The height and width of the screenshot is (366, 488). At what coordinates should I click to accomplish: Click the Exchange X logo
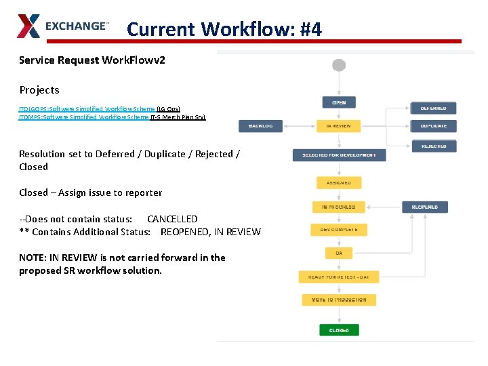coord(28,26)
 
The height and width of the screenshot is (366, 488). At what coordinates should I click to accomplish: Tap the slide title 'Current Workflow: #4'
coord(224,29)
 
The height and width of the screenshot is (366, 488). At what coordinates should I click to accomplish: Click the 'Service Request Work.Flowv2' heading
coord(92,60)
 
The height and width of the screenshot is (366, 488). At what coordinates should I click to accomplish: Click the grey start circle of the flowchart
coord(339,65)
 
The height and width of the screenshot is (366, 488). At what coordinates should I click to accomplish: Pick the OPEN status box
coord(339,102)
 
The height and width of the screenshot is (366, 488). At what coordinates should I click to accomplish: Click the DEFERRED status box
coord(434,108)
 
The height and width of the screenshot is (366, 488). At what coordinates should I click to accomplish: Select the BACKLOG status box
coord(260,126)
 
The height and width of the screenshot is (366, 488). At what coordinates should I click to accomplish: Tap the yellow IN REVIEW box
coord(339,126)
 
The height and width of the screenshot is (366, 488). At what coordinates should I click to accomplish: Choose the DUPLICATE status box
coord(434,126)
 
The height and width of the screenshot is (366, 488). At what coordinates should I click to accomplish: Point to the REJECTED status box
coord(434,146)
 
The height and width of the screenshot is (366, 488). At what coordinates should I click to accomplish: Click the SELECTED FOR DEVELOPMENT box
coord(339,155)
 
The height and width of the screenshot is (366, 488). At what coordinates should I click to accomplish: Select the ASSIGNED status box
coord(339,182)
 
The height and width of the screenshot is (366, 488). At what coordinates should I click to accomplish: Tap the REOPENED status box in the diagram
coord(425,207)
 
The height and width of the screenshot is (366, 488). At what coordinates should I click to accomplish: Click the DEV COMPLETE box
coord(339,230)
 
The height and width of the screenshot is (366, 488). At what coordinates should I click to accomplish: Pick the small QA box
coord(339,253)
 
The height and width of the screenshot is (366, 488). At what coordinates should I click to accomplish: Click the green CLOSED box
coord(339,330)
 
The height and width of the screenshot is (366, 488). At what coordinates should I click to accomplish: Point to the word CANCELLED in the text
coord(172,219)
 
